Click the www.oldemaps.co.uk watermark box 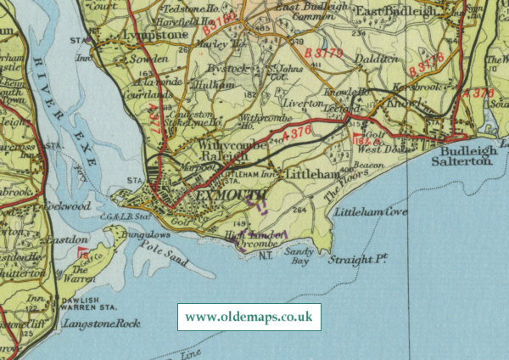click(x=249, y=318)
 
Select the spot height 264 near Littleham click(x=298, y=210)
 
